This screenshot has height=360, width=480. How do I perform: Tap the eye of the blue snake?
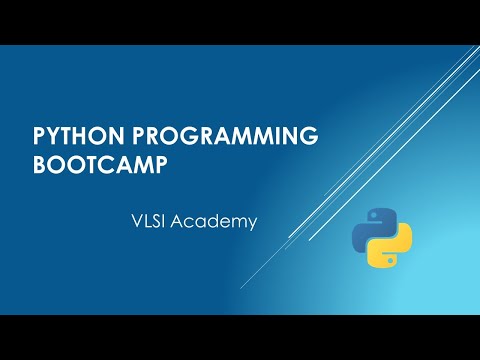point(373,217)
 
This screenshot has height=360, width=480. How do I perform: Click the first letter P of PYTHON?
point(41,136)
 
